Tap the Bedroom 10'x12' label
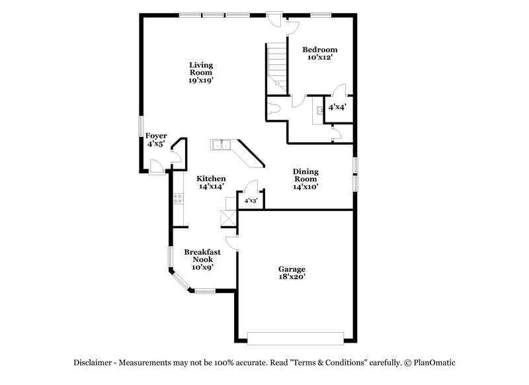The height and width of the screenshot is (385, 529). click(320, 54)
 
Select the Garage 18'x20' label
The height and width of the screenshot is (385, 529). click(291, 273)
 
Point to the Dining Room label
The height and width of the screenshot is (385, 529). click(305, 179)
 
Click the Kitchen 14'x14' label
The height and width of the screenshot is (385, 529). click(212, 183)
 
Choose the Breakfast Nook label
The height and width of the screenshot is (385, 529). click(202, 259)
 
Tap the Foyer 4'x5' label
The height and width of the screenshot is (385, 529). click(157, 140)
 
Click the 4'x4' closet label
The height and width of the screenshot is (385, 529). click(337, 106)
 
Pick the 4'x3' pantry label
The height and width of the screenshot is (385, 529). click(251, 200)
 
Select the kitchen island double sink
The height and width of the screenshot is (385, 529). click(220, 145)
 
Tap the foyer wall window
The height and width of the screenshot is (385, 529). click(140, 126)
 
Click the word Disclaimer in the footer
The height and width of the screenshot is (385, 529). click(95, 363)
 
